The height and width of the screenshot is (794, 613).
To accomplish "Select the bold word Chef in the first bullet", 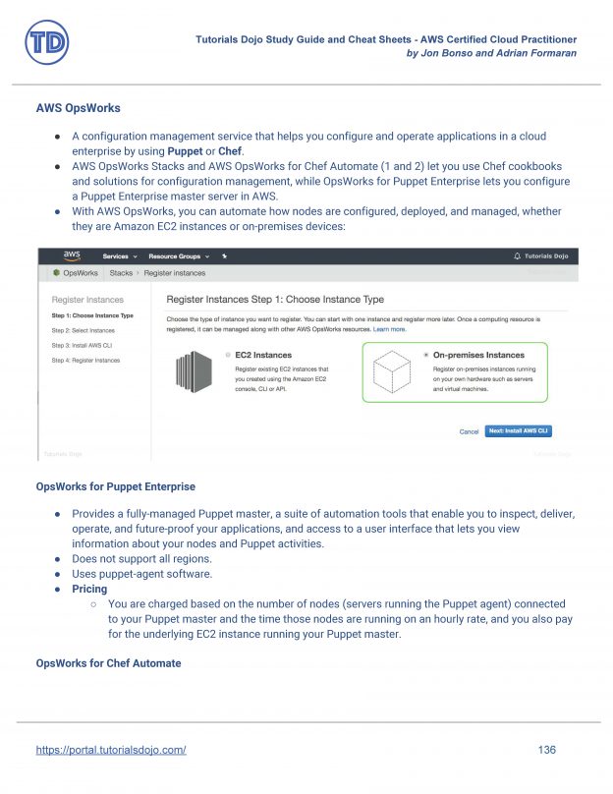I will coord(228,151).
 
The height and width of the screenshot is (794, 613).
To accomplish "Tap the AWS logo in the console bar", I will coord(72,255).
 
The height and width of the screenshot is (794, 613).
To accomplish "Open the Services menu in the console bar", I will coord(118,255).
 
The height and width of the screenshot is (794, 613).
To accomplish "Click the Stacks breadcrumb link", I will coord(121,272).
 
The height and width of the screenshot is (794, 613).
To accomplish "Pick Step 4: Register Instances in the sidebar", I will coord(85,361).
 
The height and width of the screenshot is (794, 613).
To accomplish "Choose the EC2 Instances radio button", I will coord(228,355).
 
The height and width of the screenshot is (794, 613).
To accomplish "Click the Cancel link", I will coord(469,431).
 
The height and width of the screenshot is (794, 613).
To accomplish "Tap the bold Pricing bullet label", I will coord(89,589).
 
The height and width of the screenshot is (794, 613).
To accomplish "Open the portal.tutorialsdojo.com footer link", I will coord(111,750).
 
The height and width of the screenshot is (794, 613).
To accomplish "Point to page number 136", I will coord(547,750).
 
